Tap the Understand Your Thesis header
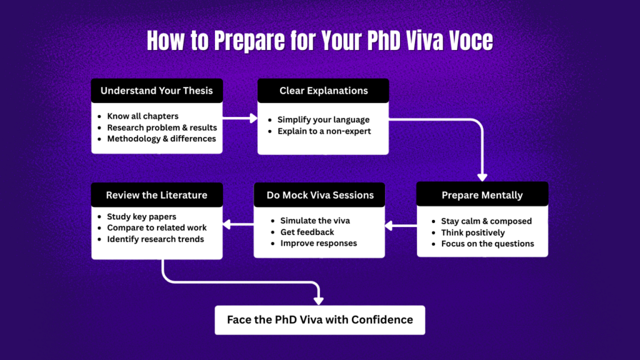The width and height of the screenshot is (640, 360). pyautogui.click(x=156, y=91)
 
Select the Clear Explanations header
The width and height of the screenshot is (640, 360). pyautogui.click(x=323, y=91)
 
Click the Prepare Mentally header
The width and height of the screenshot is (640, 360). pyautogui.click(x=482, y=195)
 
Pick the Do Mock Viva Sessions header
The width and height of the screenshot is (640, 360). pyautogui.click(x=319, y=195)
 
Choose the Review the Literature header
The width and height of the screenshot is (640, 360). pyautogui.click(x=156, y=195)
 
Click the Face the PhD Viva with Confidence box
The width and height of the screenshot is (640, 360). pyautogui.click(x=319, y=319)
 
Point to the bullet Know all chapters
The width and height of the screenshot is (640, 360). pyautogui.click(x=142, y=116)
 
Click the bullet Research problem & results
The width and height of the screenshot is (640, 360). pyautogui.click(x=162, y=127)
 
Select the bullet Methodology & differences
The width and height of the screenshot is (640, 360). pyautogui.click(x=161, y=139)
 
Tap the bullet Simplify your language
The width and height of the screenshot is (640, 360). pyautogui.click(x=323, y=119)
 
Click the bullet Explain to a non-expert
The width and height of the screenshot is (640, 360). pyautogui.click(x=324, y=131)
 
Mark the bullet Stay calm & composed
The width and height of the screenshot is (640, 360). pyautogui.click(x=486, y=221)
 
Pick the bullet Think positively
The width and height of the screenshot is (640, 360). pyautogui.click(x=472, y=232)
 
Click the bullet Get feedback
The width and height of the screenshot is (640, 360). pyautogui.click(x=307, y=232)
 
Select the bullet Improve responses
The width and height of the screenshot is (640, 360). pyautogui.click(x=318, y=243)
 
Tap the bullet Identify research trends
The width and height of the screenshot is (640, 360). pyautogui.click(x=155, y=239)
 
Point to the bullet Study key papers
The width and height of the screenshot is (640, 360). pyautogui.click(x=141, y=217)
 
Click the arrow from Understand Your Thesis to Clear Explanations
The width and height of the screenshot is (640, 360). pyautogui.click(x=240, y=117)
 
